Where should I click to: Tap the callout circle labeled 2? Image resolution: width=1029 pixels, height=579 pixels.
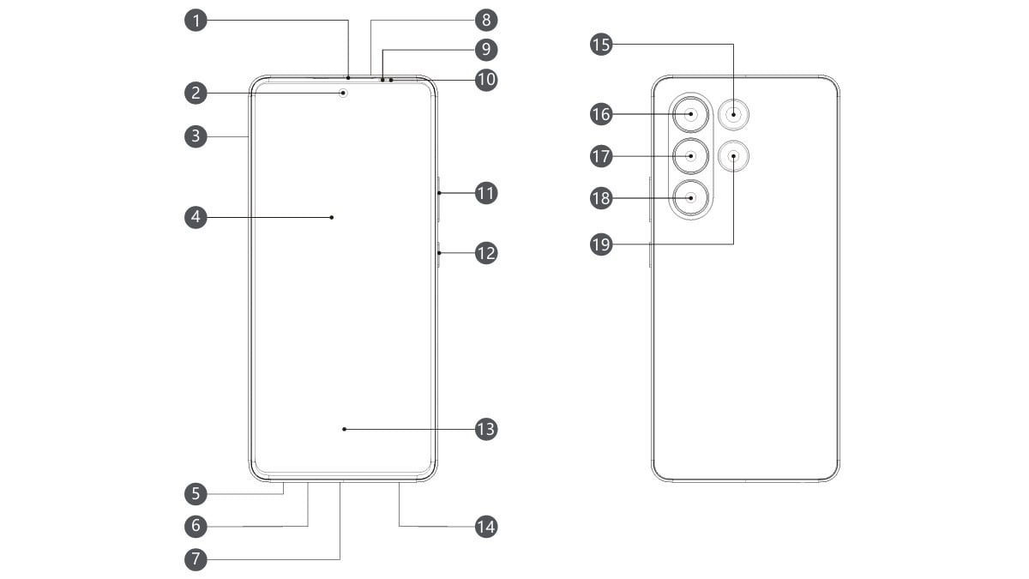pyautogui.click(x=196, y=92)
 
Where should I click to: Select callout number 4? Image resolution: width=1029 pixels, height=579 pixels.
pyautogui.click(x=196, y=218)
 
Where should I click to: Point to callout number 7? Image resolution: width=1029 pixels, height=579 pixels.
pyautogui.click(x=196, y=559)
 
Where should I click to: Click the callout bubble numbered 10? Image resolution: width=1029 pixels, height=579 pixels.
pyautogui.click(x=486, y=80)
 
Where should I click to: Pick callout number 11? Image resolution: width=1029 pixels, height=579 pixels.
pyautogui.click(x=486, y=193)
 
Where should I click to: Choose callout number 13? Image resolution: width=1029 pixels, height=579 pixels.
pyautogui.click(x=486, y=428)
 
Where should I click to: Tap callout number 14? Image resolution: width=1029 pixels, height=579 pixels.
pyautogui.click(x=486, y=526)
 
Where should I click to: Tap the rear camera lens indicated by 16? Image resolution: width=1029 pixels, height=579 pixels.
pyautogui.click(x=691, y=113)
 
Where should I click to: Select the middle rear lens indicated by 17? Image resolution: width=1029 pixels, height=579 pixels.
pyautogui.click(x=691, y=156)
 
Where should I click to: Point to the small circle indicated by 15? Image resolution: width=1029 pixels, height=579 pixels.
pyautogui.click(x=734, y=113)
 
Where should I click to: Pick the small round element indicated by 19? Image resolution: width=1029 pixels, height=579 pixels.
pyautogui.click(x=734, y=155)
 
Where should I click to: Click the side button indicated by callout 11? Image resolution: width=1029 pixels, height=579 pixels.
pyautogui.click(x=438, y=194)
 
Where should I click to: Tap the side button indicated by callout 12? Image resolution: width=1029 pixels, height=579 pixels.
pyautogui.click(x=438, y=254)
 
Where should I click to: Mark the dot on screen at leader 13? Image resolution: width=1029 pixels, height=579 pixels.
pyautogui.click(x=344, y=428)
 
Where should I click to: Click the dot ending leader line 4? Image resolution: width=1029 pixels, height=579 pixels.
pyautogui.click(x=331, y=218)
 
